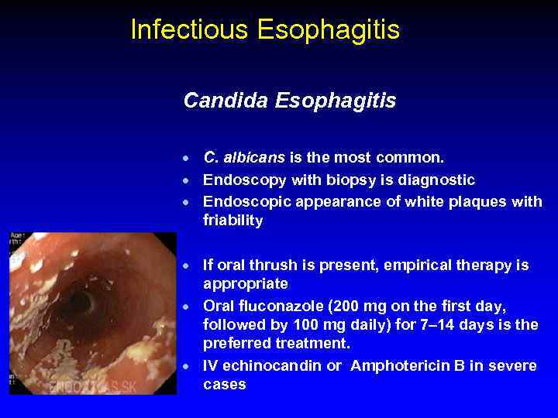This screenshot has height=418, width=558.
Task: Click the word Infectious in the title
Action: (x=190, y=29)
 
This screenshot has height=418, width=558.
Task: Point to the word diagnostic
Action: (x=436, y=180)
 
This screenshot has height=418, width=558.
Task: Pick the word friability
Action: (x=233, y=221)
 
